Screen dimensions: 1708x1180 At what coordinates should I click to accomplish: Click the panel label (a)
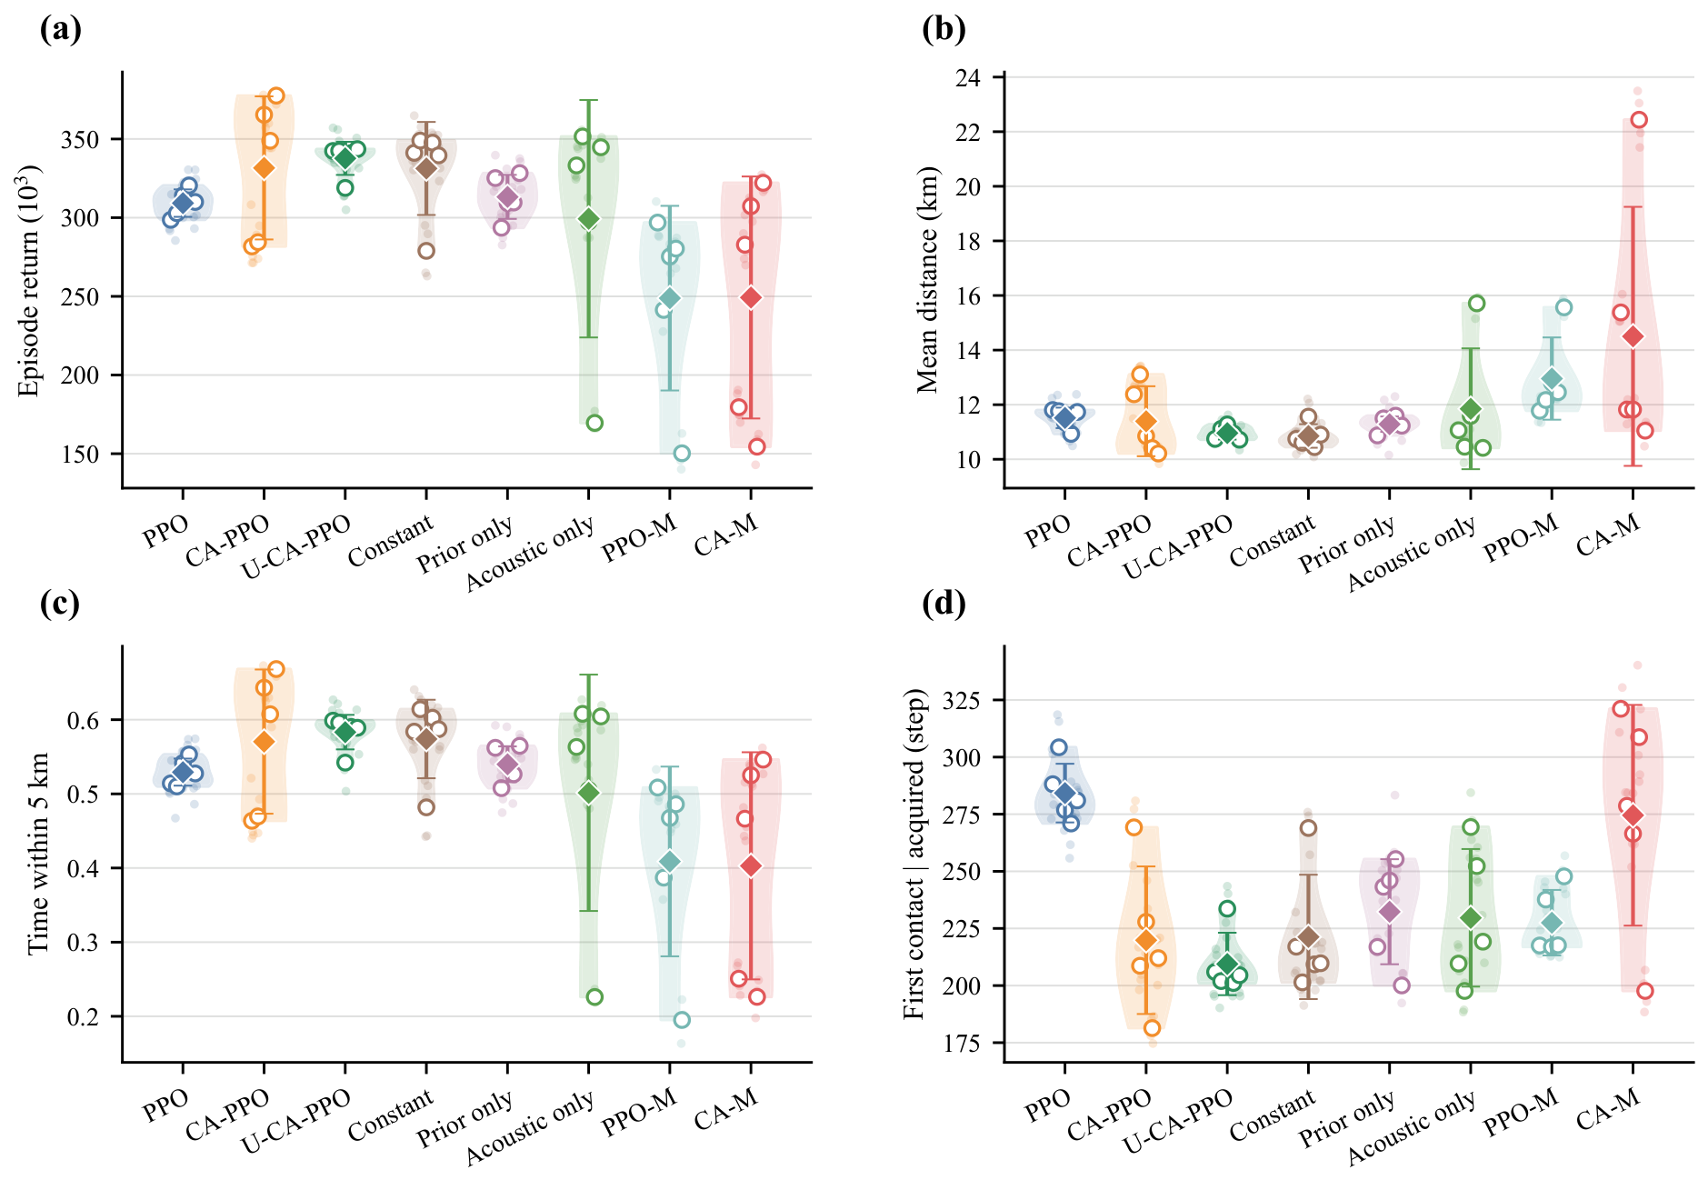61,30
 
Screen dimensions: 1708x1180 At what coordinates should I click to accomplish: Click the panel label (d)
944,604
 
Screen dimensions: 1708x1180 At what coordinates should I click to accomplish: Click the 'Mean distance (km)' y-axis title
927,280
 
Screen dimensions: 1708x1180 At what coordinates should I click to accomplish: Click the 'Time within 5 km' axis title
37,854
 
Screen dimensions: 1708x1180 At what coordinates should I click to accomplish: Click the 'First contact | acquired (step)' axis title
914,854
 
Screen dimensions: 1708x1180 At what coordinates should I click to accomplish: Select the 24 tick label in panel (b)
968,78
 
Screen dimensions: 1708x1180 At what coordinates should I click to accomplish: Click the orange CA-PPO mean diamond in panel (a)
264,168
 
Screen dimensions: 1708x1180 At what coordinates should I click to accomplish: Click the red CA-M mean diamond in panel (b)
1633,336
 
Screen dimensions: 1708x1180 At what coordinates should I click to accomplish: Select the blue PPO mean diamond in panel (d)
1065,794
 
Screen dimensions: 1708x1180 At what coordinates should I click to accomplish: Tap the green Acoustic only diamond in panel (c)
589,793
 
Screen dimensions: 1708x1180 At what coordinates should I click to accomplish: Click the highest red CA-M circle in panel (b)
1639,120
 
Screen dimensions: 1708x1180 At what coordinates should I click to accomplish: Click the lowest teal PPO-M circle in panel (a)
682,454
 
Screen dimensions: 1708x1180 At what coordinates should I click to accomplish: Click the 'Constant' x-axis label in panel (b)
1273,541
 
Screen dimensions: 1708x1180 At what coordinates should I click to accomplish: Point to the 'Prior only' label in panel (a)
465,545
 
